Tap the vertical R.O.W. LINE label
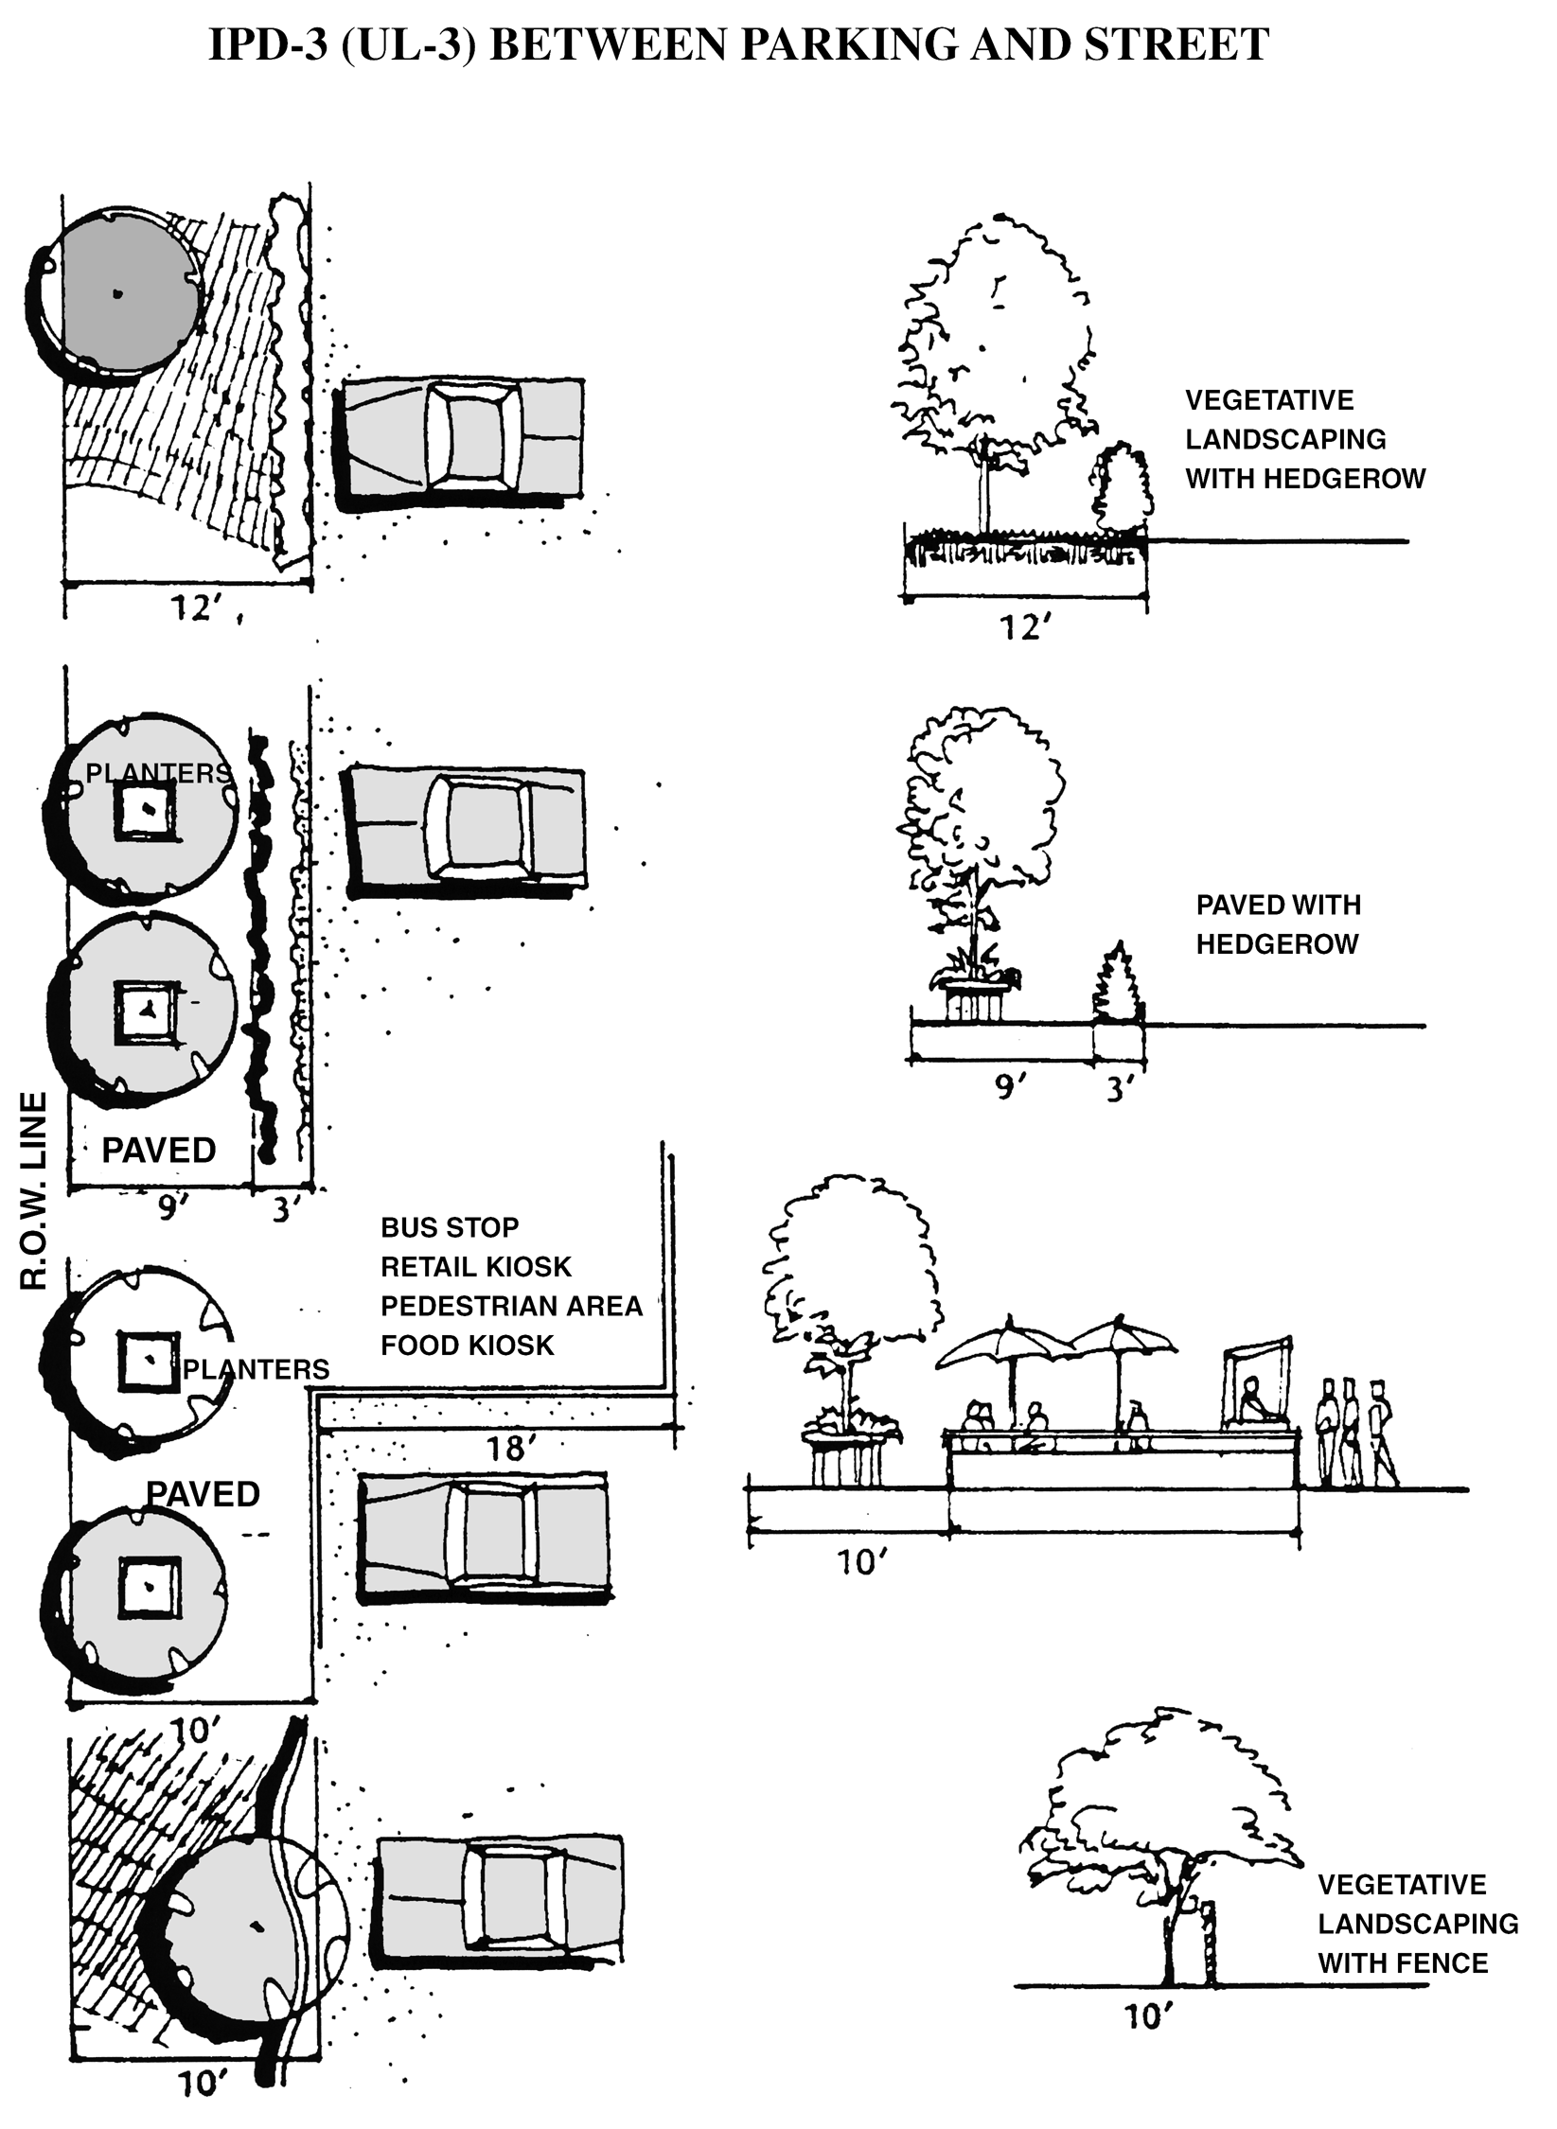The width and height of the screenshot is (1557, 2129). (x=34, y=1192)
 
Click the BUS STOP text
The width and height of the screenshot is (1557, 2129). (x=450, y=1227)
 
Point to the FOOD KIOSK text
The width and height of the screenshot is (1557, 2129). (x=467, y=1345)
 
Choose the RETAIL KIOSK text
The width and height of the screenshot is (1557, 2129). (x=476, y=1267)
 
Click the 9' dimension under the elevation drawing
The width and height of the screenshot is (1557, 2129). (x=1010, y=1087)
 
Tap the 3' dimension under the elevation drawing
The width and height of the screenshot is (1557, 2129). (x=1120, y=1089)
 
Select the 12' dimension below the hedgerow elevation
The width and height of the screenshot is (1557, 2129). (x=1026, y=627)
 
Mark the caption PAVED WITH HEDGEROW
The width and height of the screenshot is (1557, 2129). (x=1278, y=924)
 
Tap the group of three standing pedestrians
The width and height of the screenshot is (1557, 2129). (x=1355, y=1432)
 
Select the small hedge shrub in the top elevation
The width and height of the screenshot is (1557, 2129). (x=1124, y=489)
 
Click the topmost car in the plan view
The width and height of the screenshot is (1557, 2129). (x=462, y=437)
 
